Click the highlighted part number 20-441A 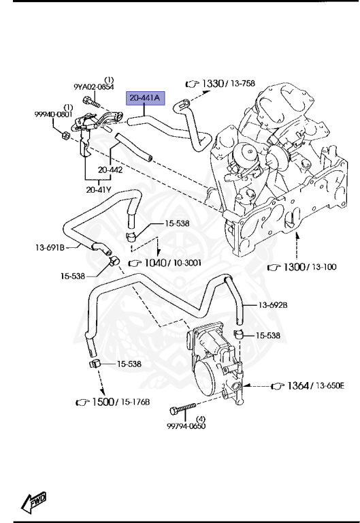[x=145, y=98]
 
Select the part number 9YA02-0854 [x=94, y=87]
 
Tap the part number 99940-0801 [x=53, y=114]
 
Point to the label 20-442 [x=110, y=170]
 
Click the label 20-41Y [x=99, y=190]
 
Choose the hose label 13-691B [x=50, y=247]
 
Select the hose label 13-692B [x=273, y=305]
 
